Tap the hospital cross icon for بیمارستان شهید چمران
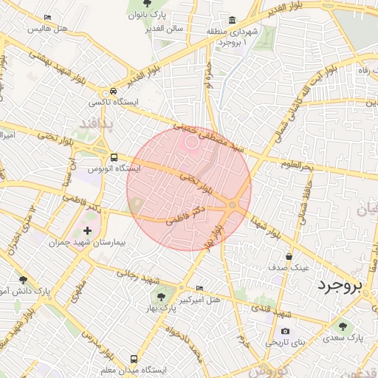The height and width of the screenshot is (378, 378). click(88, 231)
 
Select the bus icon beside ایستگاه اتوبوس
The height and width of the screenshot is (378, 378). click(114, 157)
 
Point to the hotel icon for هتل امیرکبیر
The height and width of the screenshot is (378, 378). click(200, 287)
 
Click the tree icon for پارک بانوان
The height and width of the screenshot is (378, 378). click(134, 4)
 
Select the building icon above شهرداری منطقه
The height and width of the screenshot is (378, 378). click(233, 19)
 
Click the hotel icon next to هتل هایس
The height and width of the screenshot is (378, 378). click(48, 17)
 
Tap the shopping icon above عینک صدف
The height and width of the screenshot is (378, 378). click(289, 256)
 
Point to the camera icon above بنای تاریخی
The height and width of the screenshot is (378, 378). click(285, 331)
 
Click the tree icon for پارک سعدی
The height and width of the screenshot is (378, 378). click(342, 326)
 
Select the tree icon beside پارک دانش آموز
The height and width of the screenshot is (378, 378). click(24, 281)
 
